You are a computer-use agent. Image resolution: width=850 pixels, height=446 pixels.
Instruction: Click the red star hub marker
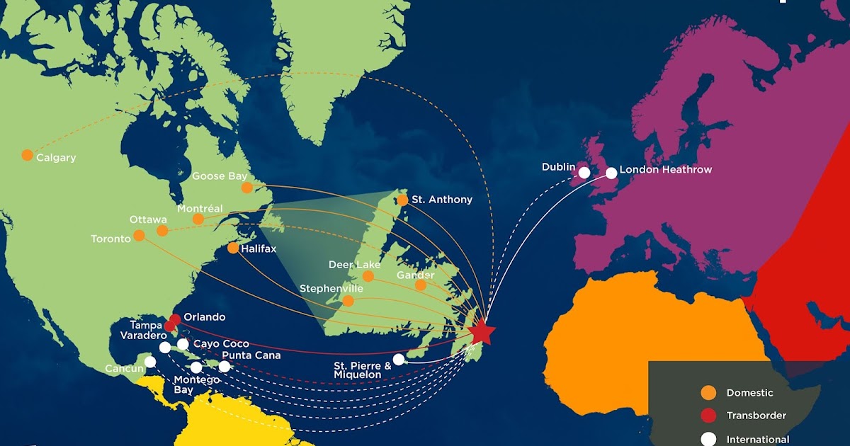[x=482, y=331]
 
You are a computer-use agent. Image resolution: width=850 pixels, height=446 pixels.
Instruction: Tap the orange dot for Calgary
[x=27, y=155]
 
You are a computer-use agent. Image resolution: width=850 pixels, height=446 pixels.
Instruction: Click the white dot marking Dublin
[x=584, y=172]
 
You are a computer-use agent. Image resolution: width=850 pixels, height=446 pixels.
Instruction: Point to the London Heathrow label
[x=665, y=170]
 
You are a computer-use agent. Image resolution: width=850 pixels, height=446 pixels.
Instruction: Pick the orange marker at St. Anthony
[x=402, y=200]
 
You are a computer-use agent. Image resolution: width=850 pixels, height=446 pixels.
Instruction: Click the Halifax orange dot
[x=233, y=248]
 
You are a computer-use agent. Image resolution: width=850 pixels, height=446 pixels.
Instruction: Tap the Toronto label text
[x=110, y=239]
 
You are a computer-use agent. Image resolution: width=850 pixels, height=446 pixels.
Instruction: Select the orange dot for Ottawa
[x=162, y=231]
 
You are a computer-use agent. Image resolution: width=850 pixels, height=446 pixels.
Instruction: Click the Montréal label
[x=200, y=208]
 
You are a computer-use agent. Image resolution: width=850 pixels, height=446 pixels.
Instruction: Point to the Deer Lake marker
[x=368, y=276]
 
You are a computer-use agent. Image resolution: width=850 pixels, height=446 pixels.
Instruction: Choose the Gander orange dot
[x=421, y=285]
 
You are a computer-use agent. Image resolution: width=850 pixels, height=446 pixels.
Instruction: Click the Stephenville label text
[x=331, y=289]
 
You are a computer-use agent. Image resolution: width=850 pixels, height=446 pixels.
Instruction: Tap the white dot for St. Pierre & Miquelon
[x=399, y=360]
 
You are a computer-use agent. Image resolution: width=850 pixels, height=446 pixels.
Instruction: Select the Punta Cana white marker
[x=225, y=367]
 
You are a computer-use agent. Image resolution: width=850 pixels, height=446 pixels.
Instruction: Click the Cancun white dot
[x=150, y=362]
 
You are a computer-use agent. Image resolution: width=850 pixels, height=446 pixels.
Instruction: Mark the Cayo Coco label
[x=221, y=344]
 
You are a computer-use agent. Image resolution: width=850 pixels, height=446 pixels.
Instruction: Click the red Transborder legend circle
[x=707, y=416]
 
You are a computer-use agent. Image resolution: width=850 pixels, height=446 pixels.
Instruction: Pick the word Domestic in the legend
[x=749, y=392]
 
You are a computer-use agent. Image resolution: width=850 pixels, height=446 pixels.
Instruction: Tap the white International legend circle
[x=707, y=439]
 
